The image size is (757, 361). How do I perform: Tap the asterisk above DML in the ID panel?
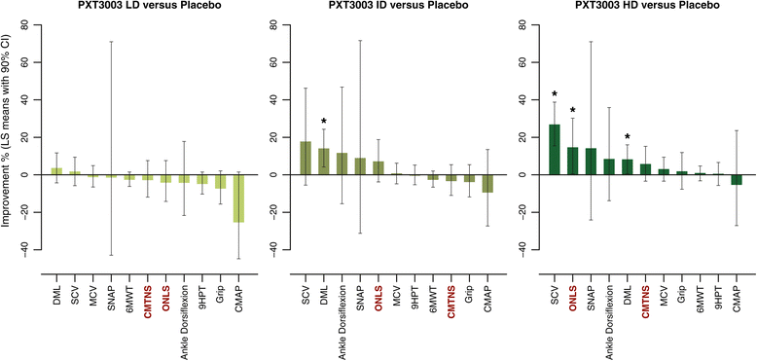323,122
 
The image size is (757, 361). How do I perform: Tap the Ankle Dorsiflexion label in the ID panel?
342,312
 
